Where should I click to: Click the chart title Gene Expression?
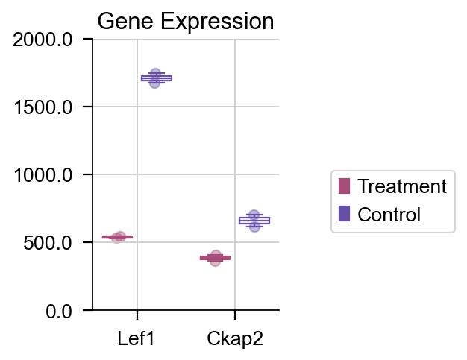point(186,22)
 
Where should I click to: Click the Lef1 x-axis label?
point(137,339)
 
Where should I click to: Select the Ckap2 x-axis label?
point(234,339)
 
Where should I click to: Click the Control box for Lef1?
point(156,78)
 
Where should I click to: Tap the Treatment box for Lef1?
point(117,237)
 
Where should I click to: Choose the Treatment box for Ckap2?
point(215,258)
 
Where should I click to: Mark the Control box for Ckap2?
point(254,221)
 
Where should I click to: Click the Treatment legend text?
point(402,186)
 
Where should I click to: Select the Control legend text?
point(389,215)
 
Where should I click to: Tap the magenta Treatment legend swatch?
point(344,186)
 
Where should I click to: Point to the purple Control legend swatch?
point(344,215)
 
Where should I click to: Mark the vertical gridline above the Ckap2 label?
point(235,149)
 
